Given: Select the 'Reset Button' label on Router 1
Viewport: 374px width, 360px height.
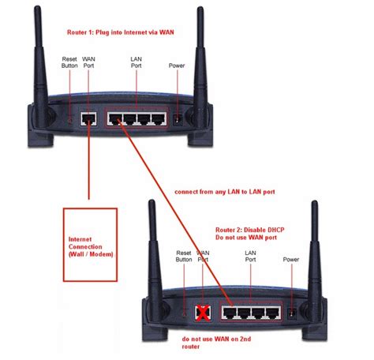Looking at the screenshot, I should [x=70, y=63].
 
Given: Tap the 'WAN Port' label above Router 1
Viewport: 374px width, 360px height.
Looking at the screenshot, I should [x=90, y=63].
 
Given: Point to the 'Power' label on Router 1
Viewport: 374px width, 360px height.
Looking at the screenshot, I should [x=177, y=66].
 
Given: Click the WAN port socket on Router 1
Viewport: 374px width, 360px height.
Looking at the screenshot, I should [x=90, y=119].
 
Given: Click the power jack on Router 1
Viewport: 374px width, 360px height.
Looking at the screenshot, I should [x=178, y=119].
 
